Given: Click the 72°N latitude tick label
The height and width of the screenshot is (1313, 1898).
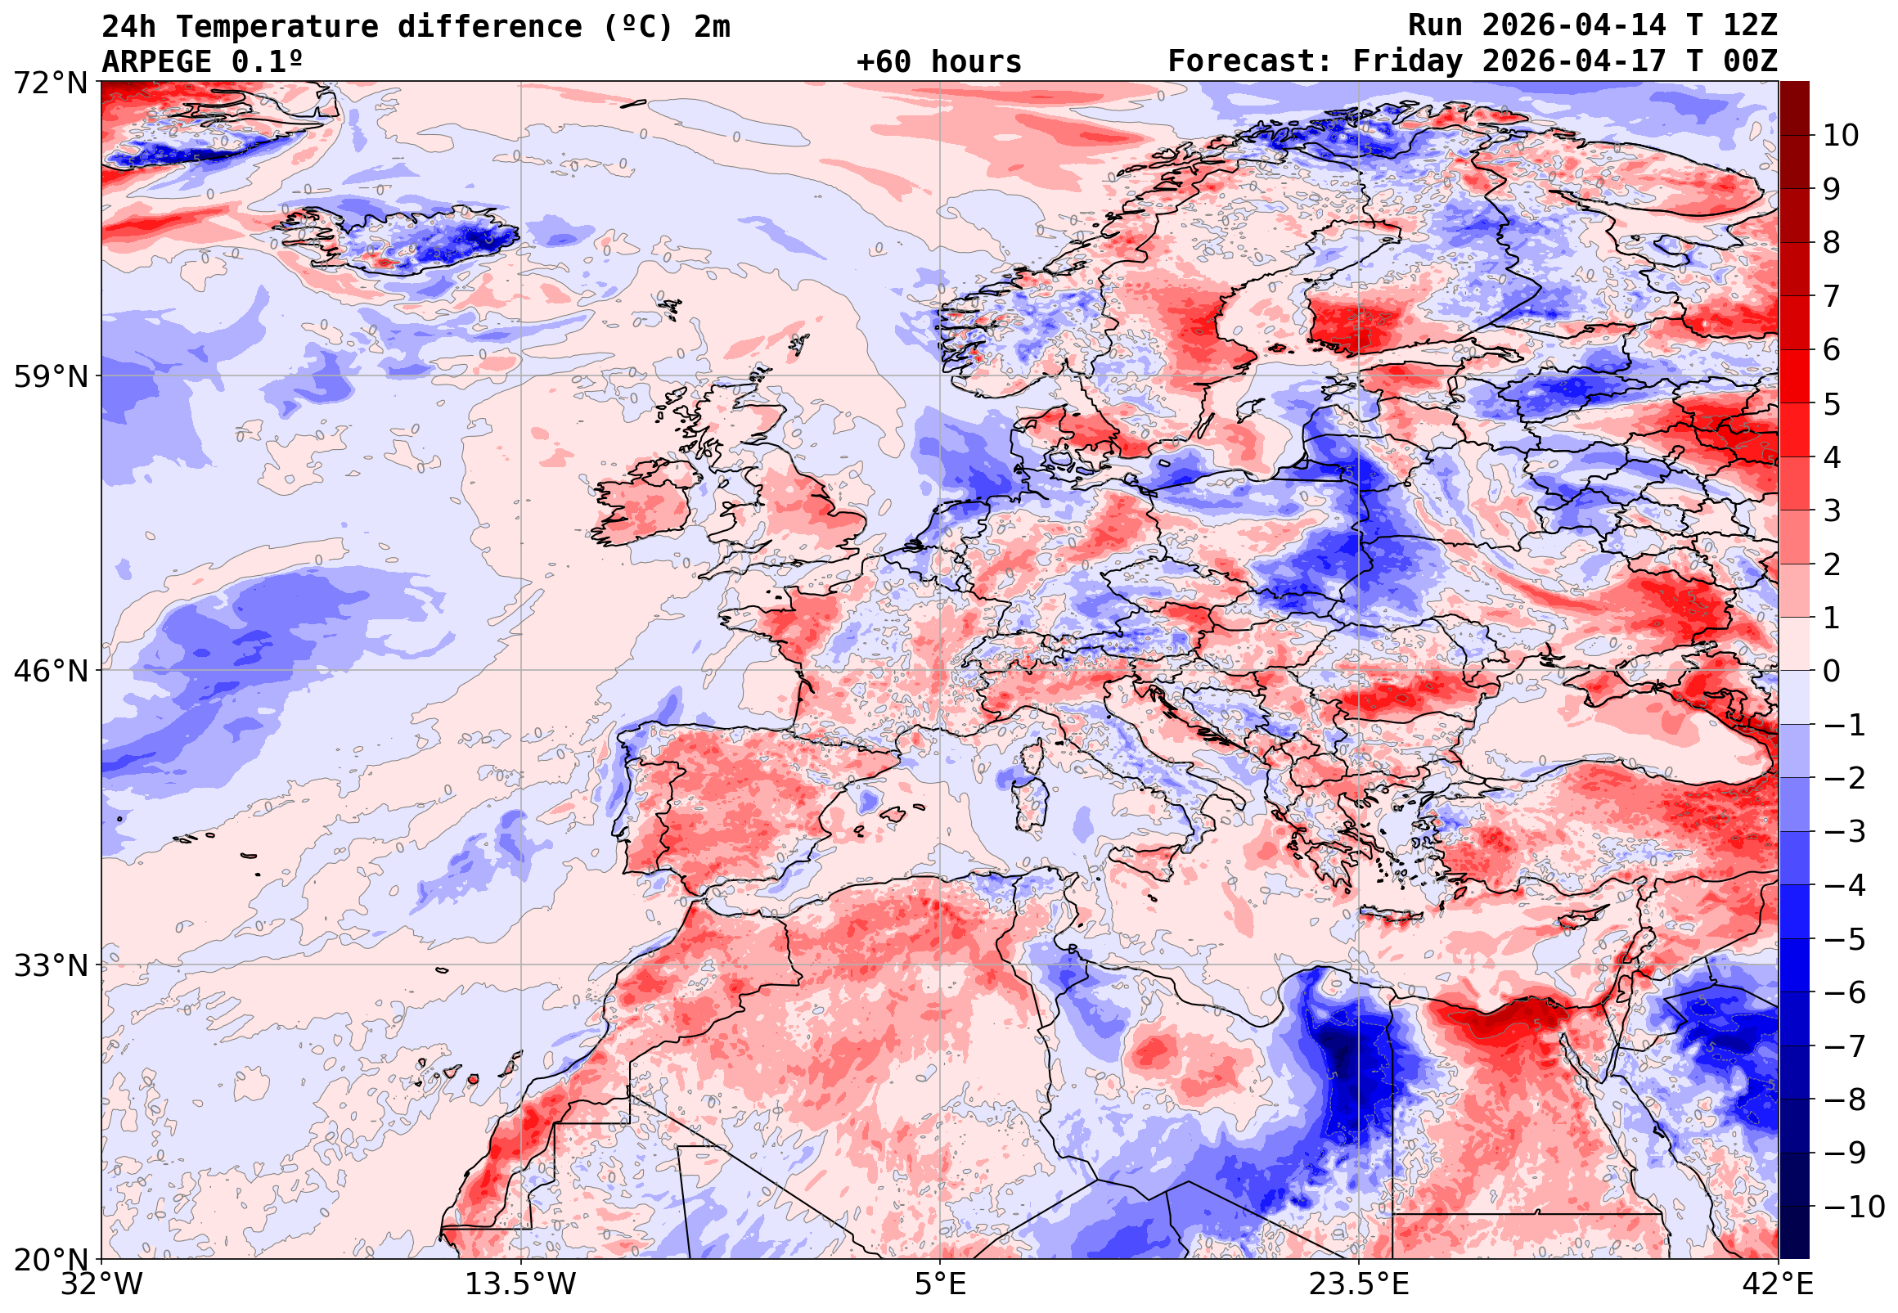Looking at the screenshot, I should pos(50,83).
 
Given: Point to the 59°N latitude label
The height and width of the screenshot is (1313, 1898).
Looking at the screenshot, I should pos(50,377).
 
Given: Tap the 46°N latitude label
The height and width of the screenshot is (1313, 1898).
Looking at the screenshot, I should pos(50,672).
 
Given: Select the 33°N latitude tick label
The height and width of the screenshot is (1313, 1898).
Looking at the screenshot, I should pos(50,965).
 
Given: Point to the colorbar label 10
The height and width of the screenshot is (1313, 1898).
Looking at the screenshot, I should pos(1841,136).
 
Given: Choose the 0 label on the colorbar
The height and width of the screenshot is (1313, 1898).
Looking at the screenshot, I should pos(1832,672).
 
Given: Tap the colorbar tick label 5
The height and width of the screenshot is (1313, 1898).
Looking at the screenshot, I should pos(1832,404).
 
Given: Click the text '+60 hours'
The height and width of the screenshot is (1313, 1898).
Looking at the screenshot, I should pos(938,61).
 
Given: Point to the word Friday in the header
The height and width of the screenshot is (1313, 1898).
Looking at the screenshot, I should pos(1408,61).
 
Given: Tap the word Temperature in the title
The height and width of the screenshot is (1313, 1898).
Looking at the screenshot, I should pos(277,27).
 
